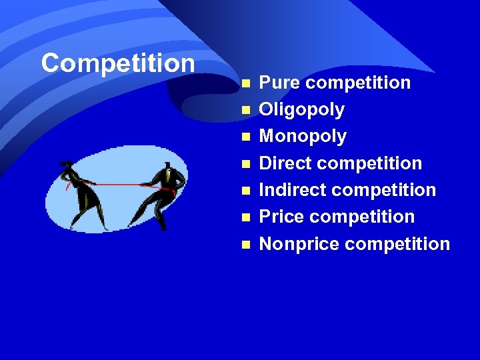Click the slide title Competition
tap(117, 63)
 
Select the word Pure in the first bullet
tap(275, 83)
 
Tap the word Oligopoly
tap(301, 110)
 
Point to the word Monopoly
tap(303, 137)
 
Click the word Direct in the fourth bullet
tap(280, 163)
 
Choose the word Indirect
tap(289, 190)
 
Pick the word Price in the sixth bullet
tap(277, 217)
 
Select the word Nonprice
tap(299, 243)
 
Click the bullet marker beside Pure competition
tap(245, 83)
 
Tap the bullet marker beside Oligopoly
tap(245, 110)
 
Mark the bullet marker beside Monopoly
tap(245, 137)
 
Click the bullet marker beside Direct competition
tap(245, 164)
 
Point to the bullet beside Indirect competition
tap(245, 191)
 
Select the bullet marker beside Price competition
tap(245, 217)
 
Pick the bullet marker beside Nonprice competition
tap(245, 244)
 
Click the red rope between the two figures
tap(120, 184)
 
